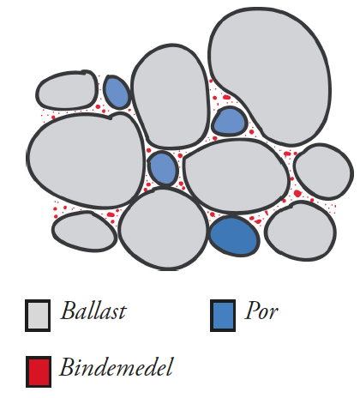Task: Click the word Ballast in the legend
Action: tap(93, 311)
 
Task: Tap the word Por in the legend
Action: tap(261, 311)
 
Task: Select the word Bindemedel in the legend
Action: tap(117, 367)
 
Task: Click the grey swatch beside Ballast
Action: tap(38, 316)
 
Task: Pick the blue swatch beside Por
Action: tap(223, 316)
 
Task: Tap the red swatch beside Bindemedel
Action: tap(39, 371)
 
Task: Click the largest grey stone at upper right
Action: tap(270, 75)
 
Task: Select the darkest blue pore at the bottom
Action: tap(234, 236)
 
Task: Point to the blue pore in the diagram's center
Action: tap(163, 168)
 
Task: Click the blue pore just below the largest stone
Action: tap(230, 122)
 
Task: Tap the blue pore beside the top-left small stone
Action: tap(117, 92)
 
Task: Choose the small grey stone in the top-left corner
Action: tap(67, 90)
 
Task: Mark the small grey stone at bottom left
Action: tap(84, 232)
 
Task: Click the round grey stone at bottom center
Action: tap(164, 229)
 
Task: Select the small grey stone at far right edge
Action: tap(323, 172)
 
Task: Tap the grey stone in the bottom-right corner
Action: tap(300, 231)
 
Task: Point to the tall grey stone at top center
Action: tap(171, 96)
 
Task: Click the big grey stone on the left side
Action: tap(86, 160)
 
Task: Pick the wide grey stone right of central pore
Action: tap(236, 177)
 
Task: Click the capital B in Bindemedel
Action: tap(67, 366)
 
